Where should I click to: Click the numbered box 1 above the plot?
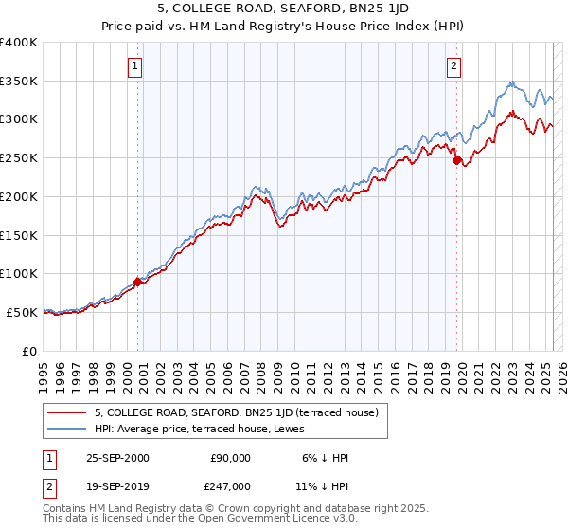pyautogui.click(x=135, y=66)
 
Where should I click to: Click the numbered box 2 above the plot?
pyautogui.click(x=454, y=66)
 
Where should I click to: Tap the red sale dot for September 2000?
pyautogui.click(x=137, y=281)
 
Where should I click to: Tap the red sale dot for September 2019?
pyautogui.click(x=456, y=160)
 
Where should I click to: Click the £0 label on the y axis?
pyautogui.click(x=30, y=351)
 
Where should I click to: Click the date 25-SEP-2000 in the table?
pyautogui.click(x=117, y=458)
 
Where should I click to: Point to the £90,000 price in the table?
pyautogui.click(x=227, y=458)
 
